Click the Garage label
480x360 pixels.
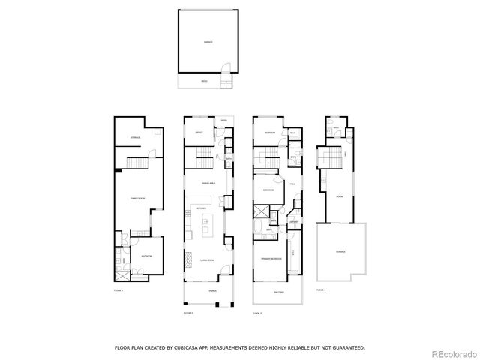pyautogui.click(x=208, y=42)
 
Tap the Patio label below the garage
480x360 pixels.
pyautogui.click(x=204, y=81)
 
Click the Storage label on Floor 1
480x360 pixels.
pyautogui.click(x=136, y=138)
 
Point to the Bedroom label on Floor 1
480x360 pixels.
pyautogui.click(x=147, y=256)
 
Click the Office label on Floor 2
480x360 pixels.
pyautogui.click(x=199, y=133)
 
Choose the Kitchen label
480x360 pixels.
pyautogui.click(x=201, y=208)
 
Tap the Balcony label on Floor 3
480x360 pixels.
pyautogui.click(x=277, y=293)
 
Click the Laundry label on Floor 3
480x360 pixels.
pyautogui.click(x=295, y=221)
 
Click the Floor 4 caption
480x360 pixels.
pyautogui.click(x=321, y=289)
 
